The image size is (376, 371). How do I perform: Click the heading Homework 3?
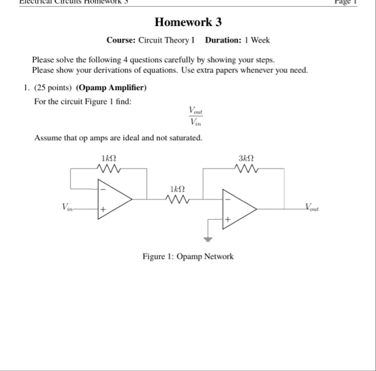(188, 23)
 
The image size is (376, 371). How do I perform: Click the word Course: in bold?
(120, 40)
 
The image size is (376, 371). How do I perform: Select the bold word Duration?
(223, 40)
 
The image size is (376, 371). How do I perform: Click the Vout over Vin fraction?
(196, 117)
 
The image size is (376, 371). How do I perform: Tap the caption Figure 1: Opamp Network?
(188, 256)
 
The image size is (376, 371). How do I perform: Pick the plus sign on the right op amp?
(227, 219)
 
